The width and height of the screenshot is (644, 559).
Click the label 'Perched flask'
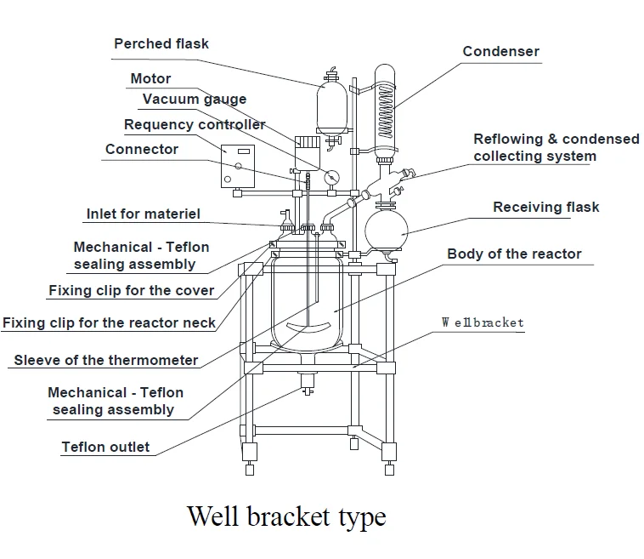[161, 43]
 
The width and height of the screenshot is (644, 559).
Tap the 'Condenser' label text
[500, 51]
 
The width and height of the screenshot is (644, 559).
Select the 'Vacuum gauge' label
[195, 100]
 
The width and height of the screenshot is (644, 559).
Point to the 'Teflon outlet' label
[105, 447]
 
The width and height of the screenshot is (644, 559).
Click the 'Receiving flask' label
[545, 207]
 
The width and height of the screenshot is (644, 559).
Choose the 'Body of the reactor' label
[514, 254]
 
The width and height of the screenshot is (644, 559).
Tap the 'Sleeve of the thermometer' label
[106, 360]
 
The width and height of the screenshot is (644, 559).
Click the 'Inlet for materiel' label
[144, 214]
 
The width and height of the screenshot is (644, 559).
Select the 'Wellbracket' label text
[483, 322]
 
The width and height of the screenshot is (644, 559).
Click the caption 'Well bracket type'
[286, 516]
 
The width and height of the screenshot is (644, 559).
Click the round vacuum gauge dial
[331, 178]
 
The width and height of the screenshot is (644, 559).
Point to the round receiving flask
[387, 230]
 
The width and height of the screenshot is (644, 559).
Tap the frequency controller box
[238, 166]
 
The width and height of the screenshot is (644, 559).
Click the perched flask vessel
[332, 108]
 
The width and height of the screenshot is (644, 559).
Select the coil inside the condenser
[385, 111]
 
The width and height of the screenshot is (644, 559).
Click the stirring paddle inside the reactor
[308, 327]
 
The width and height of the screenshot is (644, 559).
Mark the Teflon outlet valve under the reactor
[308, 384]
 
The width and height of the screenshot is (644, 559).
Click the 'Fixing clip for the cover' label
[132, 290]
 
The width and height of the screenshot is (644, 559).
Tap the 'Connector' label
[142, 149]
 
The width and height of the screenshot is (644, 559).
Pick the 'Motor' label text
[150, 78]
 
